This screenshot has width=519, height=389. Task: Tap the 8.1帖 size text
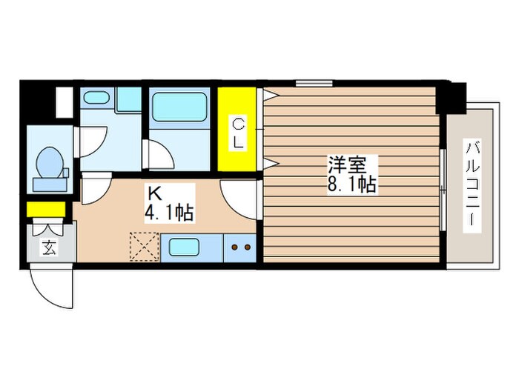352,184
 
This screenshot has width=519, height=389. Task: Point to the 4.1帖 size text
170,214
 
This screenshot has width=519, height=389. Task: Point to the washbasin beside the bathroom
98,99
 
